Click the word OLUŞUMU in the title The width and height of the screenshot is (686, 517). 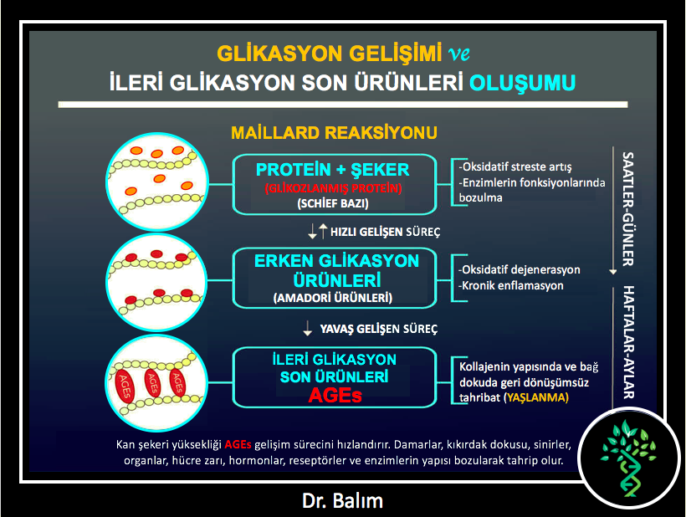[x=522, y=83]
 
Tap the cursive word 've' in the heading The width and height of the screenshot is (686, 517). [x=459, y=54]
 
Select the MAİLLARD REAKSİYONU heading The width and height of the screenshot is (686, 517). [x=335, y=132]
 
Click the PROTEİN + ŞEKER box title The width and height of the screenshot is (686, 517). [x=332, y=170]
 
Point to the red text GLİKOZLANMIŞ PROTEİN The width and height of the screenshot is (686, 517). [x=333, y=188]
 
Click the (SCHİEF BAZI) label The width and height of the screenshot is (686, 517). [x=333, y=203]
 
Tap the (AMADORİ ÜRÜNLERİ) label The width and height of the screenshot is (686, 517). [x=333, y=298]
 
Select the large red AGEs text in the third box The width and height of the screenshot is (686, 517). [x=335, y=396]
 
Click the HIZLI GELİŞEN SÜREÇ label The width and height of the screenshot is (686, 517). [x=385, y=232]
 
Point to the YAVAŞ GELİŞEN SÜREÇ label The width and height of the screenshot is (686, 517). [x=379, y=329]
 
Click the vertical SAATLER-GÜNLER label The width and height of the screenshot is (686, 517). [x=627, y=209]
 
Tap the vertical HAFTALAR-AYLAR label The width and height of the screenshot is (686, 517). [x=628, y=342]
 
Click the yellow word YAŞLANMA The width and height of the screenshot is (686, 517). [x=536, y=397]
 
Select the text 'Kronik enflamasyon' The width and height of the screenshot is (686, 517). [x=510, y=285]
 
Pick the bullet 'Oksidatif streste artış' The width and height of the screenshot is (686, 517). [x=515, y=166]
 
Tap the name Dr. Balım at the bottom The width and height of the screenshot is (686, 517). [x=342, y=501]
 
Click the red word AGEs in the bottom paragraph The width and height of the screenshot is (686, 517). [x=238, y=445]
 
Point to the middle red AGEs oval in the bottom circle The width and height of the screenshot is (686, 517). [x=152, y=383]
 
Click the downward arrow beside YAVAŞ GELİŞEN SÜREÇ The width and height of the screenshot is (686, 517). [x=308, y=328]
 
